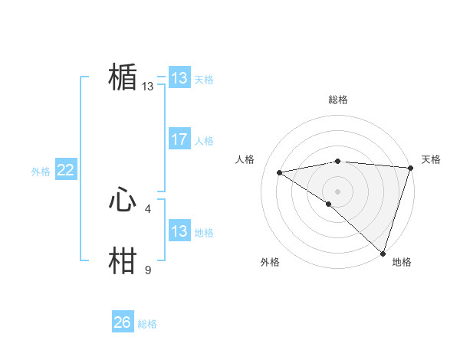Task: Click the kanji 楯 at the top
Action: [x=123, y=78]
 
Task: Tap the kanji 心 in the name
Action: [x=123, y=201]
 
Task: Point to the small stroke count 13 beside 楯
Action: [x=148, y=87]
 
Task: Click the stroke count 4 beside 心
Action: [x=148, y=208]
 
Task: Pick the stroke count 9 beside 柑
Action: [x=148, y=270]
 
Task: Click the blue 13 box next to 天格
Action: [x=179, y=78]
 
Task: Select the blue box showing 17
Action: [x=179, y=139]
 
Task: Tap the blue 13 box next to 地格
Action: [x=179, y=231]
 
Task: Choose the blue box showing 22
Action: [x=66, y=170]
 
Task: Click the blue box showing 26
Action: [x=123, y=322]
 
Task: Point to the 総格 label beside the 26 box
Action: [x=147, y=324]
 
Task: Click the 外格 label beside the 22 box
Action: [x=41, y=172]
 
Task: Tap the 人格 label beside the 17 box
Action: [x=204, y=141]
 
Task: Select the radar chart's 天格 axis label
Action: [x=431, y=159]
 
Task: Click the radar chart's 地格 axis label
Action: [x=402, y=262]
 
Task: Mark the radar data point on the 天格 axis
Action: [x=410, y=168]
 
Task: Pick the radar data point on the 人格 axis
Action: [x=280, y=172]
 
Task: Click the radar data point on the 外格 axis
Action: [x=329, y=204]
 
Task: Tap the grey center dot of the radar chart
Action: [x=337, y=191]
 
